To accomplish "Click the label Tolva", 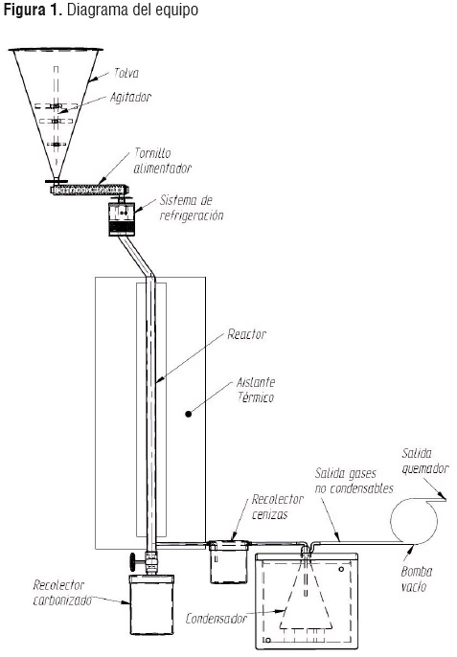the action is tap(126, 74).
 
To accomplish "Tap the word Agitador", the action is tap(130, 98).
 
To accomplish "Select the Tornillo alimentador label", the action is tap(162, 161).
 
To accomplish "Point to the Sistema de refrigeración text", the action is tap(192, 208).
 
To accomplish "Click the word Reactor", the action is tap(247, 334).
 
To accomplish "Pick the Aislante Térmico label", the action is tap(256, 390).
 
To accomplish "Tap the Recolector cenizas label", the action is tap(278, 507).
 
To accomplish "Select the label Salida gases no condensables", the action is tap(354, 481).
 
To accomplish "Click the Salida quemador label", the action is tap(425, 461).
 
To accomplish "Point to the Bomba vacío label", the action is tap(417, 578).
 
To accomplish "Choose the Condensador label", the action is tap(216, 619).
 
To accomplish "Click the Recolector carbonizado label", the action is tap(62, 593).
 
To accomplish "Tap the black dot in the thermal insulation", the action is tap(188, 414).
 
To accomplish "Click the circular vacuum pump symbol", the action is tap(414, 521).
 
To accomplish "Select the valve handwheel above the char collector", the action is tap(133, 560).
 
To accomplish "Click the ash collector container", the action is tap(229, 562).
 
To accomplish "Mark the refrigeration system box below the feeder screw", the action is tap(122, 219).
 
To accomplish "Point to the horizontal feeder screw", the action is tap(89, 190).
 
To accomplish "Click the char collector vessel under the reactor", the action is tap(151, 604).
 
